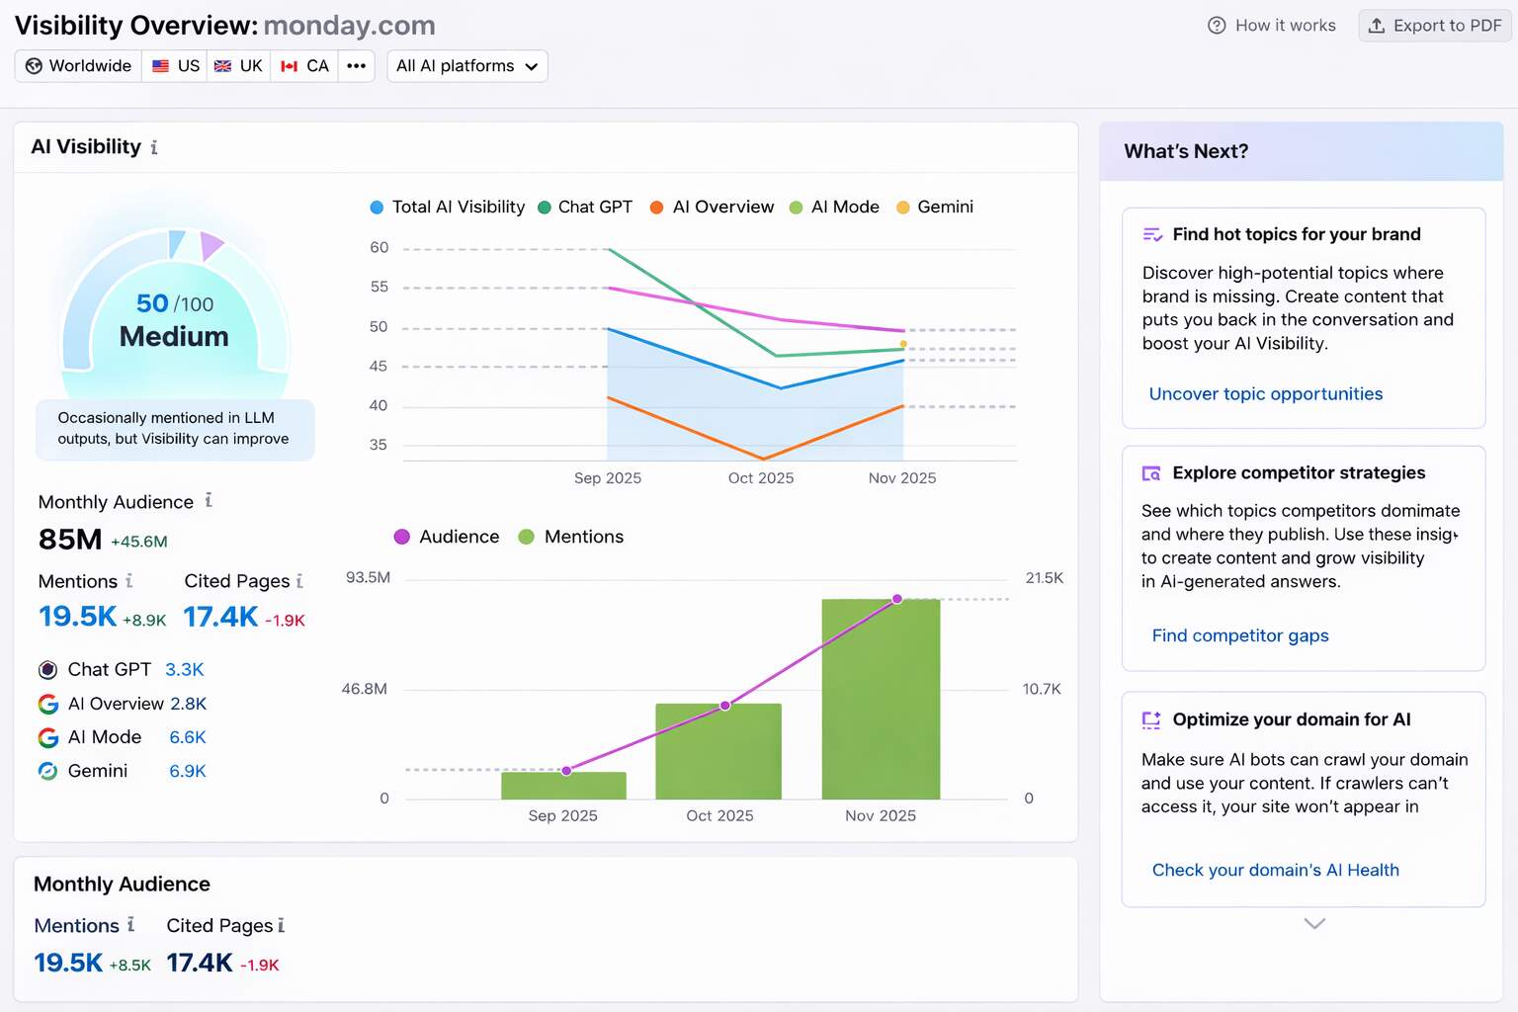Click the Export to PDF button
pos(1435,26)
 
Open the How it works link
pos(1272,26)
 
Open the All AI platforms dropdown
pos(466,66)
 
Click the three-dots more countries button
pos(356,66)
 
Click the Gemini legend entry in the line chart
pos(935,208)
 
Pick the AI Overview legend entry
pos(713,208)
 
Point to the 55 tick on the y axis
pos(379,288)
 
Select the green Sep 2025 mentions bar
pos(563,786)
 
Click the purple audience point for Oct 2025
pos(725,706)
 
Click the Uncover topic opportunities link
pos(1265,394)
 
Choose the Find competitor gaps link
pos(1239,635)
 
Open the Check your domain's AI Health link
pos(1275,870)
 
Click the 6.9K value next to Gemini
pos(188,771)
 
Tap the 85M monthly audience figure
pos(70,540)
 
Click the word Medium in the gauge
pos(174,337)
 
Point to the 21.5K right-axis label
pos(1044,578)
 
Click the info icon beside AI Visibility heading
pos(154,148)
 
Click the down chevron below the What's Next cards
pos(1314,924)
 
